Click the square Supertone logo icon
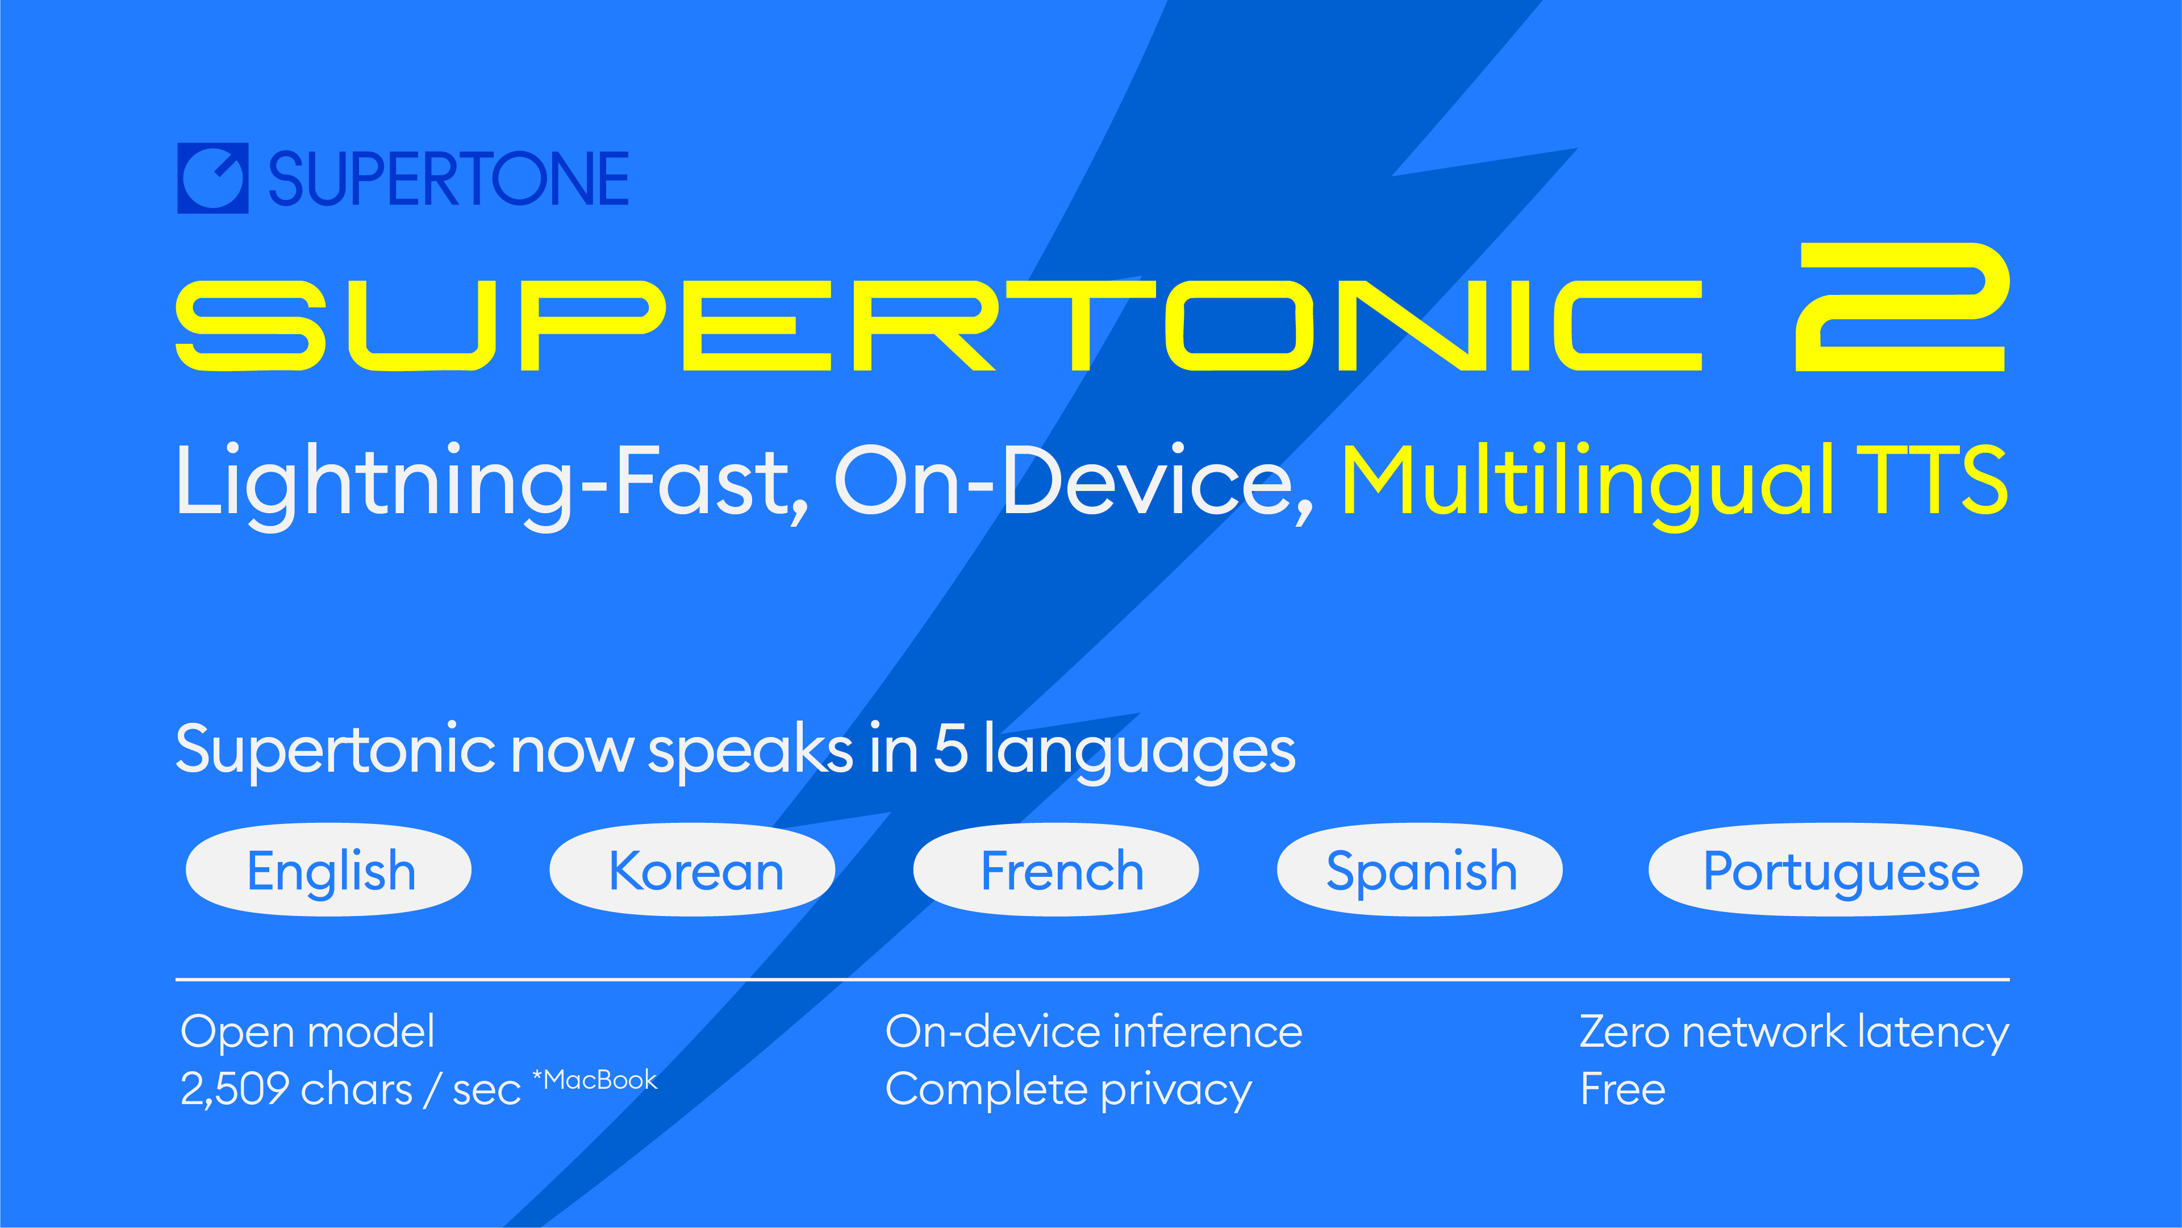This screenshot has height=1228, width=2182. (x=212, y=178)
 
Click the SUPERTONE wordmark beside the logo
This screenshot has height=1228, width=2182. (x=448, y=180)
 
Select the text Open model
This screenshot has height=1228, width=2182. (x=307, y=1032)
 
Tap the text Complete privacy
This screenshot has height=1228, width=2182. (x=1068, y=1090)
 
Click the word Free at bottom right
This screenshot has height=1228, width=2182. (x=1622, y=1090)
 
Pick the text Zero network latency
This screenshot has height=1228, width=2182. (x=1794, y=1032)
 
